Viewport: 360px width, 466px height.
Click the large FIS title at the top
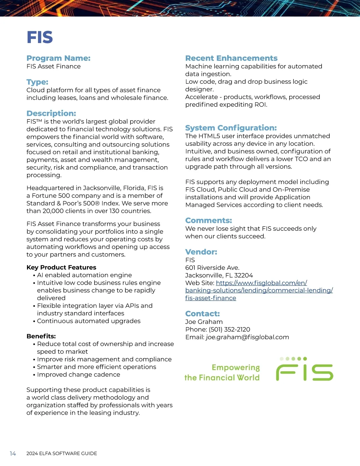[40, 37]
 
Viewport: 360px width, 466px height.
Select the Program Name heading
[58, 58]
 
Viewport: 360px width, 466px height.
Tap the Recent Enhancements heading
[231, 58]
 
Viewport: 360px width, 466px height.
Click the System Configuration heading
[231, 128]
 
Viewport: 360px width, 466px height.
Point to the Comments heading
[208, 221]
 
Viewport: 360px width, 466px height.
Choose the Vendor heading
[201, 252]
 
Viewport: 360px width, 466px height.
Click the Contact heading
[202, 314]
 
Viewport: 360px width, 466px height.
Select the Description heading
[51, 113]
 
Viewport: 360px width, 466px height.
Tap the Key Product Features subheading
[61, 267]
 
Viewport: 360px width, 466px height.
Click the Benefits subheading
[41, 336]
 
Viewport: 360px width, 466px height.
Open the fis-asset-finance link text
[211, 298]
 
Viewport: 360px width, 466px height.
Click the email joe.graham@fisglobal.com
[247, 337]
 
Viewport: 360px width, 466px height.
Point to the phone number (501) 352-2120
[229, 329]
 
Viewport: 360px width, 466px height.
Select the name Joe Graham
[204, 322]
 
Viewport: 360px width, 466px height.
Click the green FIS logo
[304, 371]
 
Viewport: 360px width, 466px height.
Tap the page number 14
[13, 453]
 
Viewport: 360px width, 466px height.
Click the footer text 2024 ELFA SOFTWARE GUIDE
[61, 453]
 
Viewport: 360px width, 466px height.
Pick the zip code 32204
[243, 275]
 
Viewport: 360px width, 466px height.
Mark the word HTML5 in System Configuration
[210, 136]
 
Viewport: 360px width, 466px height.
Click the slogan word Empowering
[235, 368]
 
